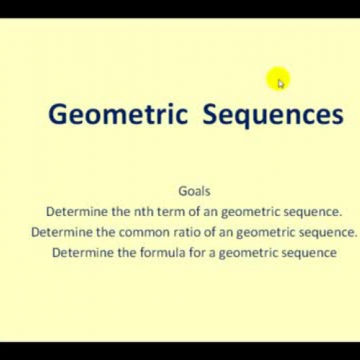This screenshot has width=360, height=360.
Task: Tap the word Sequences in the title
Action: [x=273, y=116]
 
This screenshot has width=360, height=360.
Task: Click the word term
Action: [x=163, y=212]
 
